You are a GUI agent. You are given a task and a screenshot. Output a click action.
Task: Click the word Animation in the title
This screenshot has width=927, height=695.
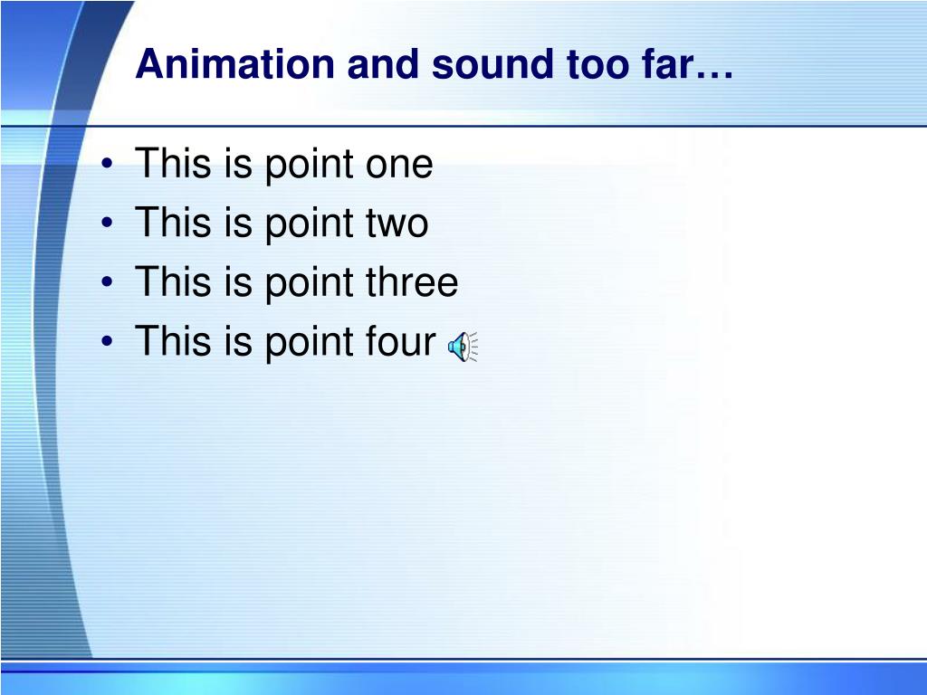point(235,63)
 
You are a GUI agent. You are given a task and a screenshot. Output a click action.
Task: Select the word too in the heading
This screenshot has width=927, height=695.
point(598,64)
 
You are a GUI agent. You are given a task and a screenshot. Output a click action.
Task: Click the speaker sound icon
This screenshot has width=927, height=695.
point(463,347)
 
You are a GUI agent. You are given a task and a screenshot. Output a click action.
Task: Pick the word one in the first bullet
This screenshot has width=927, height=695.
point(399,165)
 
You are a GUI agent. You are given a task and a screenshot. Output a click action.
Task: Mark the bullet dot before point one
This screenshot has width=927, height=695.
point(107,164)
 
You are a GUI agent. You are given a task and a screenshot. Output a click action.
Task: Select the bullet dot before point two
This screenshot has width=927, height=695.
point(107,223)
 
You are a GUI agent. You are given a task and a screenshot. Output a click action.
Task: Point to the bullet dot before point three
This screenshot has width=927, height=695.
point(107,282)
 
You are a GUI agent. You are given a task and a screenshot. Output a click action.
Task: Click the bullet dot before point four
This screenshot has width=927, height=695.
point(107,341)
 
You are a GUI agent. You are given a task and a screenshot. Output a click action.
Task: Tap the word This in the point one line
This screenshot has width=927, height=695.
point(173,163)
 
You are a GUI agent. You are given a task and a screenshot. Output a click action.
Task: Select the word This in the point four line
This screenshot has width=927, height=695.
point(173,340)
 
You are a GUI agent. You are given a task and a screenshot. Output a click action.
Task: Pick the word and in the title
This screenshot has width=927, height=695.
point(384,63)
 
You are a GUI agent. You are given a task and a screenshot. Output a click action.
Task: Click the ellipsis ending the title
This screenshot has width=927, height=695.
point(714,74)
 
